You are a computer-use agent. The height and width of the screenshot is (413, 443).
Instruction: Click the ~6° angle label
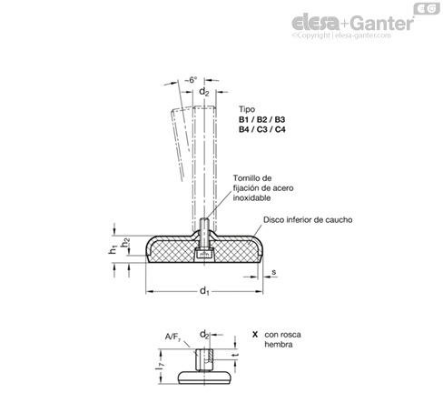coord(191,80)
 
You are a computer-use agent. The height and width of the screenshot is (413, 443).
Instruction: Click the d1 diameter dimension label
coord(204,291)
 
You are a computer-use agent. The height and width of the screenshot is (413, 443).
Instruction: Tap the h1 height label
coord(113,249)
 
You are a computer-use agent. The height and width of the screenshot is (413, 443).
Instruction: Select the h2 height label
coord(125,242)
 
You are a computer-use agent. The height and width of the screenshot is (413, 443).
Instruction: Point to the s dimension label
coord(274,272)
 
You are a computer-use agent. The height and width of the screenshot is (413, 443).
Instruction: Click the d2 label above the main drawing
coord(203,92)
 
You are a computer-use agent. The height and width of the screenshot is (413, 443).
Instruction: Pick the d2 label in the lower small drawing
coord(204,335)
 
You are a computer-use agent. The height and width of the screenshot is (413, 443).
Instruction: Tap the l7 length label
coord(160,366)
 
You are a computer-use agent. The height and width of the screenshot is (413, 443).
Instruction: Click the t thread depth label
coord(237,355)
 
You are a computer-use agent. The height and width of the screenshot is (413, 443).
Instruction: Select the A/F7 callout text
coord(172,337)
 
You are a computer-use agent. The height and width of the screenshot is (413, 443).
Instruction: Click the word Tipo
coord(247,109)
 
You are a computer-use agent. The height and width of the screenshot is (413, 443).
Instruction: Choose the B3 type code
coord(280,119)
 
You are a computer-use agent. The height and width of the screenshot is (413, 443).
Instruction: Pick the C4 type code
coord(280,129)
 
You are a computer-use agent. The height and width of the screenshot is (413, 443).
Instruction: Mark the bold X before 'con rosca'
coord(255,335)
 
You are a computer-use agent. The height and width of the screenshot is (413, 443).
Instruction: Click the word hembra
coord(279,345)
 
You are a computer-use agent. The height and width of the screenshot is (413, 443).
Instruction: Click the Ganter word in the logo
coord(382,23)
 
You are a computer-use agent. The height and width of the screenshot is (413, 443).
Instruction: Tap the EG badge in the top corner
coord(427,8)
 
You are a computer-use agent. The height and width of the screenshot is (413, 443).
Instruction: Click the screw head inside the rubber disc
coord(204,254)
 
